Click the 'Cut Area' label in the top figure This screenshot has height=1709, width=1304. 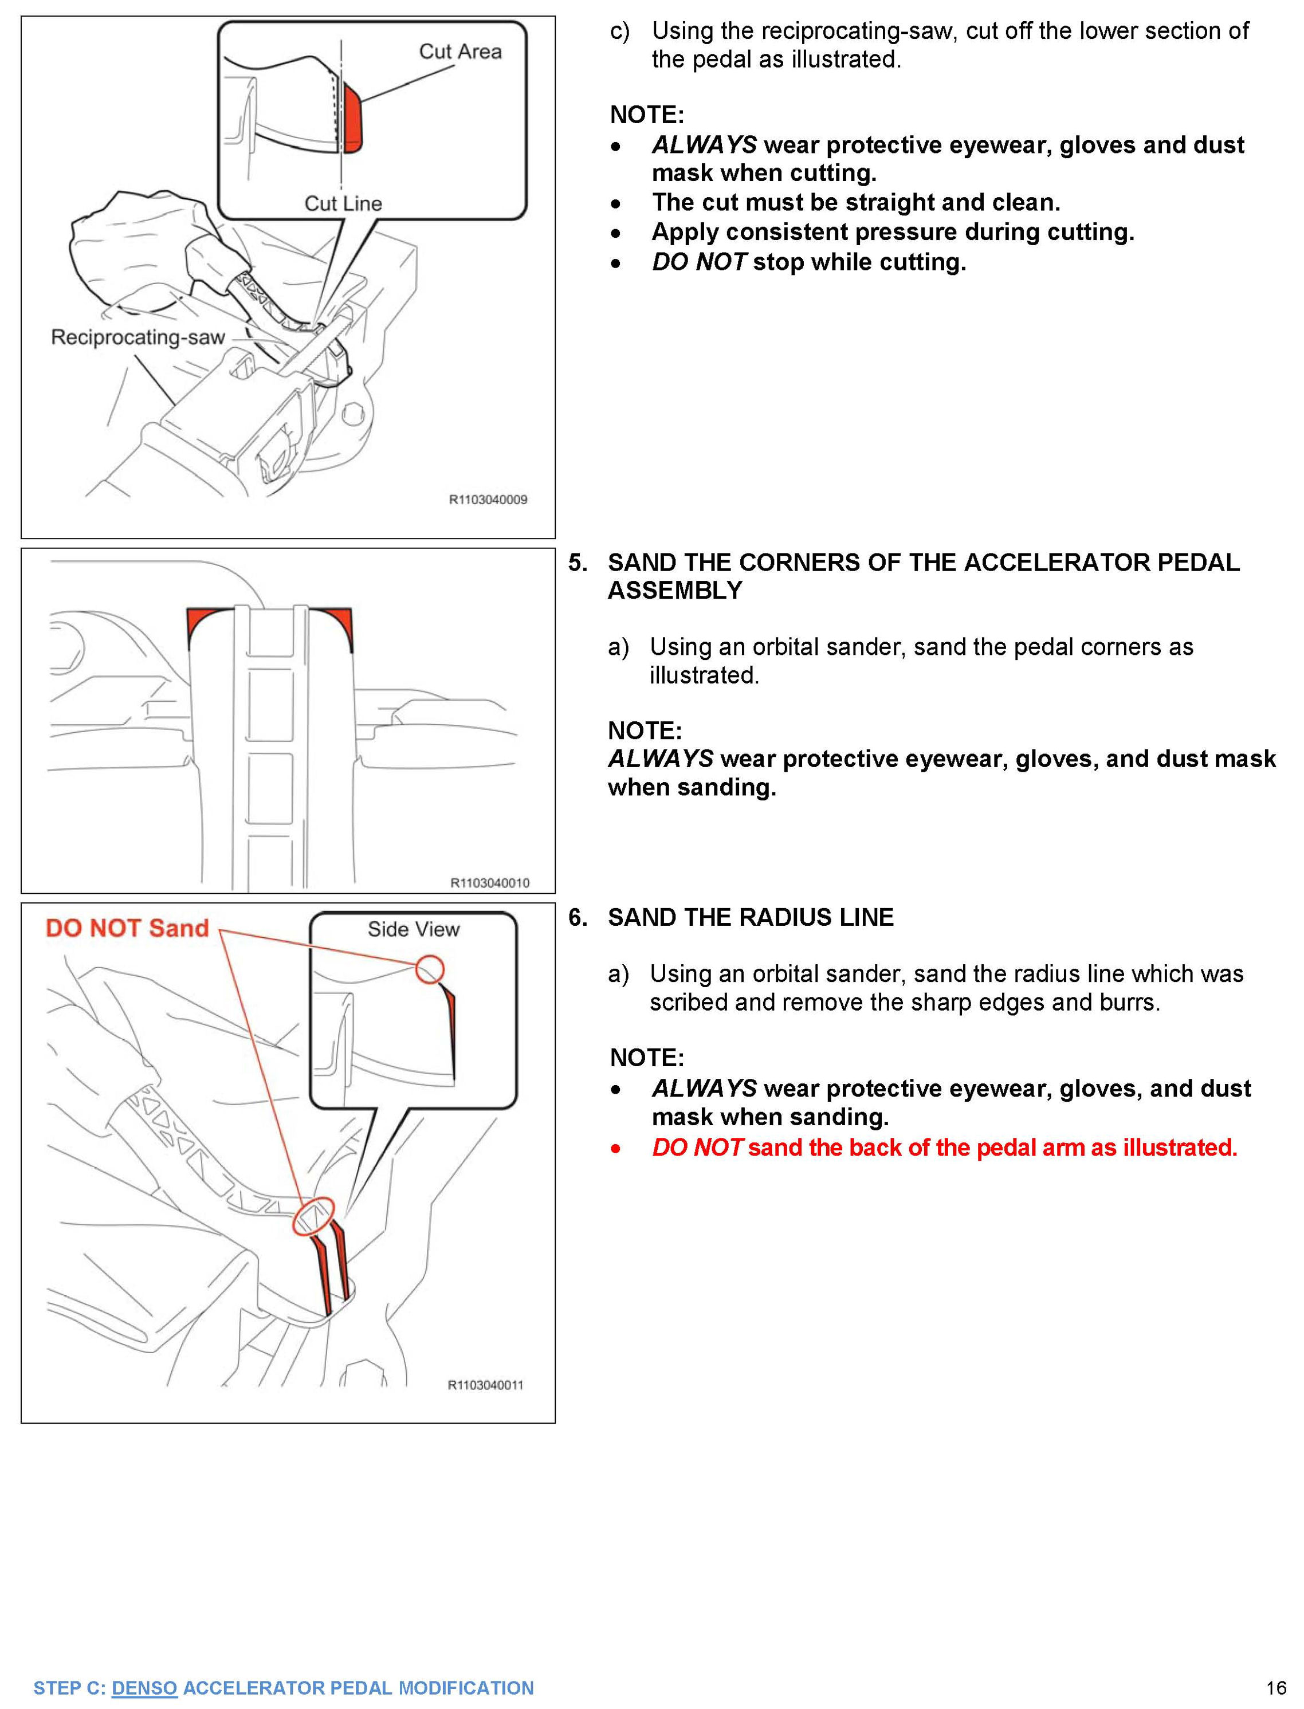(459, 52)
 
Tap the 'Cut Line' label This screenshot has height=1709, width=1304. (343, 203)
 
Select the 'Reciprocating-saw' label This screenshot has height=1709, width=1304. (138, 337)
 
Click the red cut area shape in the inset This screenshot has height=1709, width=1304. (353, 120)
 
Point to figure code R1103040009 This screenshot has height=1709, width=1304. (488, 500)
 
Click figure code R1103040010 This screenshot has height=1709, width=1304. (490, 882)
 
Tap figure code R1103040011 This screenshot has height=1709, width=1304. (485, 1385)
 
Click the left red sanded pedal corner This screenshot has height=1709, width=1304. (203, 623)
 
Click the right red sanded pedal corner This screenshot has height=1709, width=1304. (337, 623)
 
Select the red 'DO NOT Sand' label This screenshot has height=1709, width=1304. (127, 928)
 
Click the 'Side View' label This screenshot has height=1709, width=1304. (413, 929)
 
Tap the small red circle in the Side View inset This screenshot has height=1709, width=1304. (429, 969)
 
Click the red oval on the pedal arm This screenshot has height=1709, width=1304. (313, 1216)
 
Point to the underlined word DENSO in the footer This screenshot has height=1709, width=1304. (144, 1688)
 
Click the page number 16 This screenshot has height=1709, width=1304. (1276, 1688)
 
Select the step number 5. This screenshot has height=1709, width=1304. (578, 563)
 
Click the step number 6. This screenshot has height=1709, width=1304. (578, 917)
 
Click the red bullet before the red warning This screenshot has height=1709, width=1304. (615, 1149)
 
